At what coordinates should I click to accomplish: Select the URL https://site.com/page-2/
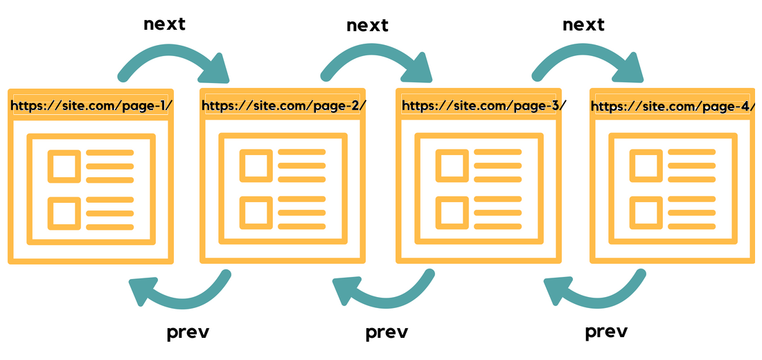[284, 105]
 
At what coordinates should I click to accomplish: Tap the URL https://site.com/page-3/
[484, 105]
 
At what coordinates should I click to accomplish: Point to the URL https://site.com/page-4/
[673, 106]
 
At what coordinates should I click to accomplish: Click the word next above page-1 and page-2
[164, 24]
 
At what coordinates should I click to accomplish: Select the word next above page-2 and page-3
[367, 25]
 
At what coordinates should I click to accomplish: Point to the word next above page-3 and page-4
[584, 25]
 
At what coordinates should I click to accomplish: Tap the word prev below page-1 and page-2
[188, 333]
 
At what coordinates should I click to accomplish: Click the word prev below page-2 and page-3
[387, 333]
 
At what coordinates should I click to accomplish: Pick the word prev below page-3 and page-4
[606, 332]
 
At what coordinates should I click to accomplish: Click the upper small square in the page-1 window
[64, 166]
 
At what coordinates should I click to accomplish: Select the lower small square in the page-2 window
[256, 213]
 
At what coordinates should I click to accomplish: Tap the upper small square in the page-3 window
[452, 165]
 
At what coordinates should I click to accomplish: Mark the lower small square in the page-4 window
[646, 213]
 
